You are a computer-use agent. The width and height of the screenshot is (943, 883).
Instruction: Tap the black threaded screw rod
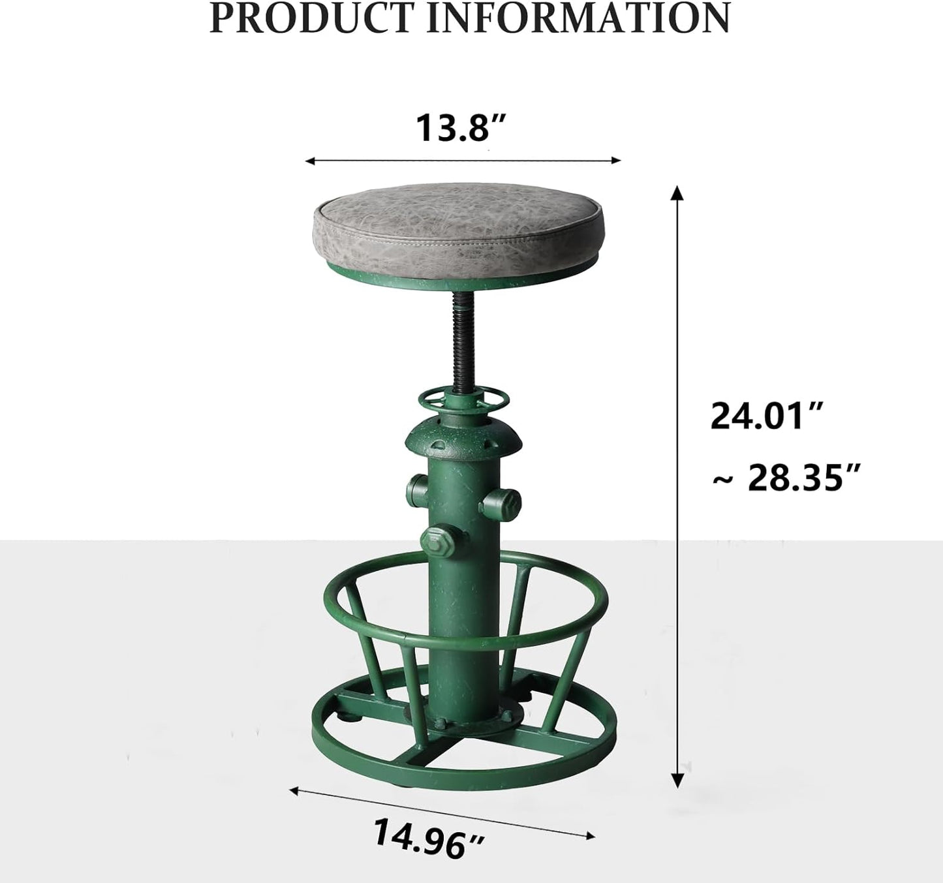463,339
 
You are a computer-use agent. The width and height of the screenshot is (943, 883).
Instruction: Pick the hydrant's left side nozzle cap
417,486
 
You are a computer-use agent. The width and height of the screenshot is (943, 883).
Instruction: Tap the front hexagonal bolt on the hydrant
435,539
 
